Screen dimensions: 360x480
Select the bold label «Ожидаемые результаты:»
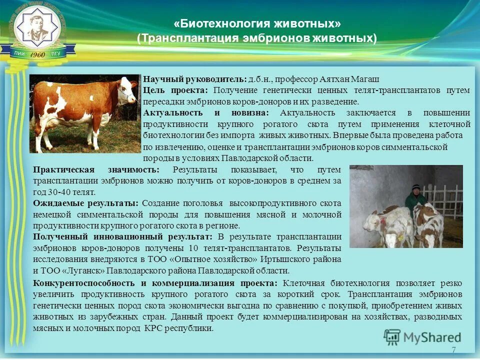click(x=86, y=203)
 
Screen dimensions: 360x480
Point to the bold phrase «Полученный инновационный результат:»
click(x=123, y=236)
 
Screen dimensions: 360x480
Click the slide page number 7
click(x=453, y=350)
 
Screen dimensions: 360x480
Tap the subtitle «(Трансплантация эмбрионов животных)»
click(x=257, y=38)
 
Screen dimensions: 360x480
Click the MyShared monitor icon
click(x=392, y=337)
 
